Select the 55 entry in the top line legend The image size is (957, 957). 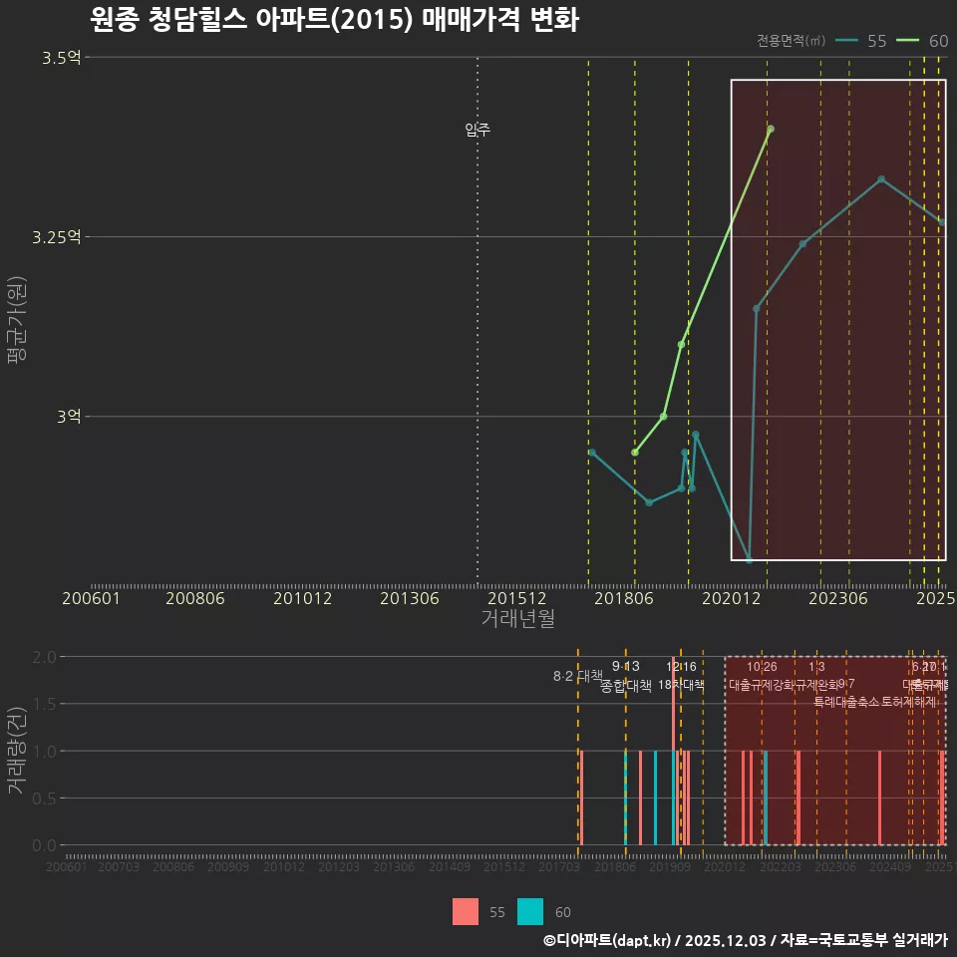pos(863,41)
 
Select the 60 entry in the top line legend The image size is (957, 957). pos(924,41)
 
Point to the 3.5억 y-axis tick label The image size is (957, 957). pos(62,58)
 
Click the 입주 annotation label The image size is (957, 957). pos(478,130)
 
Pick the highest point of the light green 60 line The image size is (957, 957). pos(771,129)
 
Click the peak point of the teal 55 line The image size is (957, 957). pos(881,179)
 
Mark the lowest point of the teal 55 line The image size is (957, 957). pos(749,559)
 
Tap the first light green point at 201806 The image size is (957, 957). pos(635,453)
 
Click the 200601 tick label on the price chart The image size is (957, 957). pos(91,598)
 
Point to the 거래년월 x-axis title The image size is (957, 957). pos(517,618)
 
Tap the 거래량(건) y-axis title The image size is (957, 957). pos(17,750)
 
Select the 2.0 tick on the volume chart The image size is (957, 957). pos(44,657)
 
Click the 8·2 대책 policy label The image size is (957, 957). pos(578,676)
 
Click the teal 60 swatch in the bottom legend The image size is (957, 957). pos(530,912)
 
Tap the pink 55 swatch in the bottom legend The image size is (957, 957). pos(466,912)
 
